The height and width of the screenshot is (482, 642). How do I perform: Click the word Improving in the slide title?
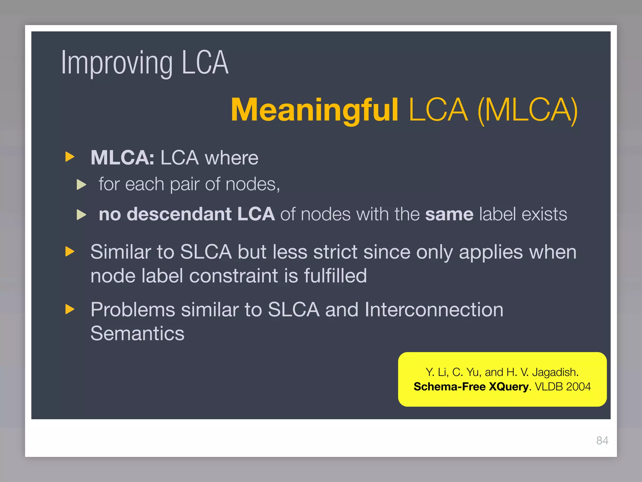(x=117, y=64)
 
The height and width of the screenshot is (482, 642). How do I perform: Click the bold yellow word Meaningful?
(x=314, y=110)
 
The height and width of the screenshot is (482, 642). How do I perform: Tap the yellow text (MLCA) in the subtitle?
(x=527, y=110)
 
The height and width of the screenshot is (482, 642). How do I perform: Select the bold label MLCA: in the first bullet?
(x=122, y=158)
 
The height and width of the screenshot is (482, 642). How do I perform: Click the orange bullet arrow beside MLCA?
(x=70, y=157)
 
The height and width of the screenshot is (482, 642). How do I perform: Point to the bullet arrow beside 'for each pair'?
(x=82, y=185)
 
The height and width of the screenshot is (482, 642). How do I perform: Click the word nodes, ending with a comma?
(x=253, y=184)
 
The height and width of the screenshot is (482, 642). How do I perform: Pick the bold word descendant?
(x=179, y=214)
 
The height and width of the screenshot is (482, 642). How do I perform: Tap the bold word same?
(x=449, y=214)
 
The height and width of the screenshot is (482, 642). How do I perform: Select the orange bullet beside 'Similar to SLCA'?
(x=70, y=251)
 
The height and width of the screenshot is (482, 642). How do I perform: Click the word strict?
(x=335, y=252)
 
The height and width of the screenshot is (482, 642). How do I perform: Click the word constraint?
(x=234, y=276)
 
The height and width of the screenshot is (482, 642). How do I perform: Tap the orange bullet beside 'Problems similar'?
(x=70, y=309)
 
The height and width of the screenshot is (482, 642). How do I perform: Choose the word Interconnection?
(x=434, y=310)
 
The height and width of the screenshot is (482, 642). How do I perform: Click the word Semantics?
(x=137, y=333)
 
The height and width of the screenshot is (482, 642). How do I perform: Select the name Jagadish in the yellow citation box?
(x=555, y=372)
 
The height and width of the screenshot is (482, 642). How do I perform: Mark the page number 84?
(x=602, y=441)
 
